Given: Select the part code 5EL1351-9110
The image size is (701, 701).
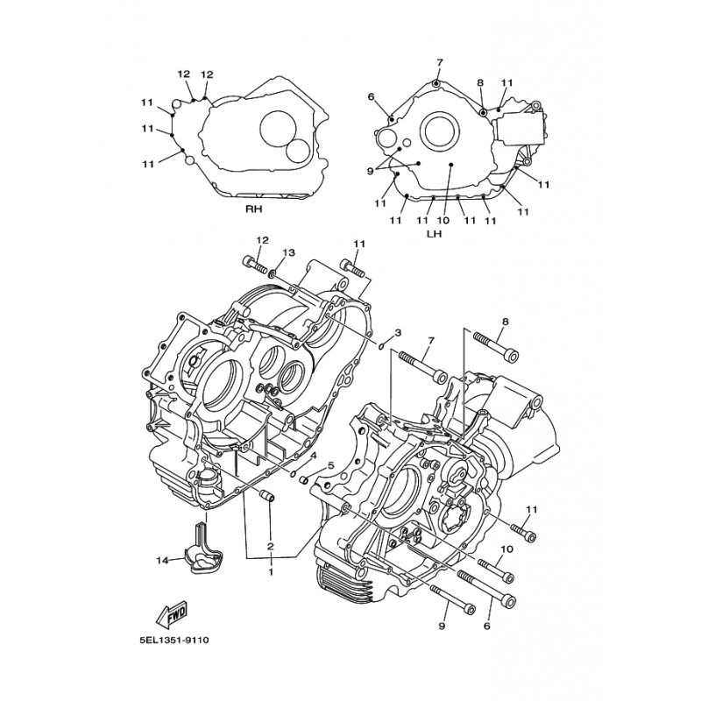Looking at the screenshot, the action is (173, 641).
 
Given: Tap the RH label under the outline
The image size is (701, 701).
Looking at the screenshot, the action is (253, 209).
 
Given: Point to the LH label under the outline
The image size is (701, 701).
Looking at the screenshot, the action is (434, 233).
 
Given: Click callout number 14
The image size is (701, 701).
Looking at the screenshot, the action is (162, 560).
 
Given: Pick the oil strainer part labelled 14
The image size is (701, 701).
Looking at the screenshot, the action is (206, 548).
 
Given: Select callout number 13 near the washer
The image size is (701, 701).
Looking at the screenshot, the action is (289, 253).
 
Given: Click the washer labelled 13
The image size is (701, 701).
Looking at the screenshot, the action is (272, 273).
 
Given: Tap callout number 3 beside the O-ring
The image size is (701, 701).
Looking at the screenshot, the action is (398, 333).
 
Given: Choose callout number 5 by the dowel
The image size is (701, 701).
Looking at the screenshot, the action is (331, 466).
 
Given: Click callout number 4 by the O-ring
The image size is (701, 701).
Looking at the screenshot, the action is (314, 455).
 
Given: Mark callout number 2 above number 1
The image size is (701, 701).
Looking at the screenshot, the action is (271, 546).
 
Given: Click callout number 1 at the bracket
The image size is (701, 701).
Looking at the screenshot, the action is (271, 571).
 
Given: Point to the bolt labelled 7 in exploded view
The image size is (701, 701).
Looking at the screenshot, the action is (423, 365).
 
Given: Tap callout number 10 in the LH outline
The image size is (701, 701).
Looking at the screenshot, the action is (443, 221).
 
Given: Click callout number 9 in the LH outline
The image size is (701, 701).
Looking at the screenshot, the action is (370, 171).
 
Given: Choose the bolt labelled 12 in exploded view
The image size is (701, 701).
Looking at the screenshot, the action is (255, 264).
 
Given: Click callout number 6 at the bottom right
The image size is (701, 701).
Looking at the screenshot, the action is (487, 626).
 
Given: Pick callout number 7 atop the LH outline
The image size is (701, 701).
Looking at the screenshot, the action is (440, 62).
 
